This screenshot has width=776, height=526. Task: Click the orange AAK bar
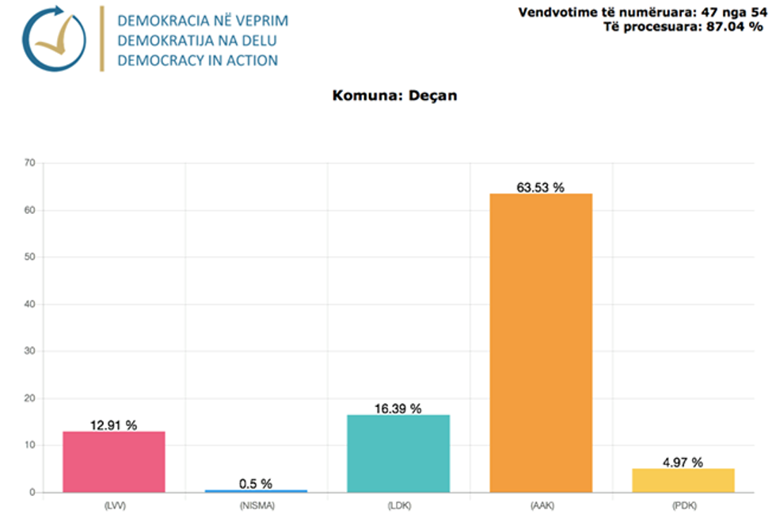point(541,343)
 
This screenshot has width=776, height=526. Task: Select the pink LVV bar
point(114,462)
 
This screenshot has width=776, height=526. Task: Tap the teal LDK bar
point(398,453)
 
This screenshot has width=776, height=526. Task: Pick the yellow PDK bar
point(683,480)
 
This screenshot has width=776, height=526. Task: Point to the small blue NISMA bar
point(256,491)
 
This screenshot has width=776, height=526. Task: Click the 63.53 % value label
point(541,187)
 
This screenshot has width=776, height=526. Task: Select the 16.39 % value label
point(398,409)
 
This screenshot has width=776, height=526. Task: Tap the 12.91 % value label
point(113,425)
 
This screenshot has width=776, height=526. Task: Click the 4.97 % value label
point(683,463)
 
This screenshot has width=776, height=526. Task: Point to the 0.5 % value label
point(256,483)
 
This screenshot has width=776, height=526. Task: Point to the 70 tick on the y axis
point(30,163)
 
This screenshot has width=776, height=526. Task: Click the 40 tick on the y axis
point(30,304)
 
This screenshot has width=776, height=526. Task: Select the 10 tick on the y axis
point(30,445)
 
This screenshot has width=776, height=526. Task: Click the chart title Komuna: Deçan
point(394,96)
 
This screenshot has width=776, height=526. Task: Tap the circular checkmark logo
point(53,40)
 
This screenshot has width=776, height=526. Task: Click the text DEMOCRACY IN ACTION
point(197,60)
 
